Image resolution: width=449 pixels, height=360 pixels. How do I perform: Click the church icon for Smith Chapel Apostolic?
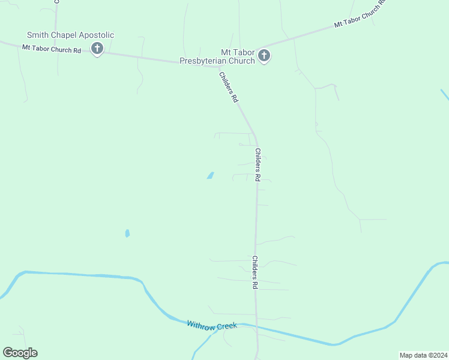[97, 49]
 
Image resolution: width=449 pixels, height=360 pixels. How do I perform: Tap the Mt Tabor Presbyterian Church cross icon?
[264, 56]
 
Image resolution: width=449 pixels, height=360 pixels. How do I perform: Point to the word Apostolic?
[95, 35]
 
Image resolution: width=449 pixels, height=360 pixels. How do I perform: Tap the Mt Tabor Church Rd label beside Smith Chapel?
[52, 49]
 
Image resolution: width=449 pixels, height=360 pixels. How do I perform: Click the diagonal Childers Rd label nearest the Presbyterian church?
[229, 88]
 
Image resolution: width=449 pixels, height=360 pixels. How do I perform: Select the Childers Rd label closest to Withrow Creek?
[255, 273]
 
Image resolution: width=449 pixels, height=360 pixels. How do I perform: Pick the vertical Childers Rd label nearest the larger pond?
[258, 165]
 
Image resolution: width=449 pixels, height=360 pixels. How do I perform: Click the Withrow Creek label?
[212, 325]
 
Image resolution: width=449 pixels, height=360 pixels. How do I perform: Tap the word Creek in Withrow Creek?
[227, 326]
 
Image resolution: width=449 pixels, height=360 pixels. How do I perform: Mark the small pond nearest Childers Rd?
[210, 176]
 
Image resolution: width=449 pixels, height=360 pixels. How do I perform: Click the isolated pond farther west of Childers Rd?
[127, 233]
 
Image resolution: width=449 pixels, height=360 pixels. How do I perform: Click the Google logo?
[20, 353]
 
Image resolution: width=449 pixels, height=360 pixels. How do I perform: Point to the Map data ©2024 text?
[423, 355]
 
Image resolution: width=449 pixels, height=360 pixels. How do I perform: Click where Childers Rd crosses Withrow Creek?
[257, 328]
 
